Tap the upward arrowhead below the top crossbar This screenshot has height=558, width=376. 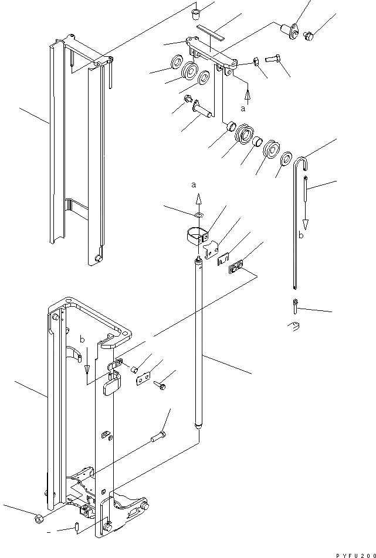pyautogui.click(x=248, y=93)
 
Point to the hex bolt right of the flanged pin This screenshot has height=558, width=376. pyautogui.click(x=309, y=35)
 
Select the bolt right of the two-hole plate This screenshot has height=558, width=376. pyautogui.click(x=161, y=386)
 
